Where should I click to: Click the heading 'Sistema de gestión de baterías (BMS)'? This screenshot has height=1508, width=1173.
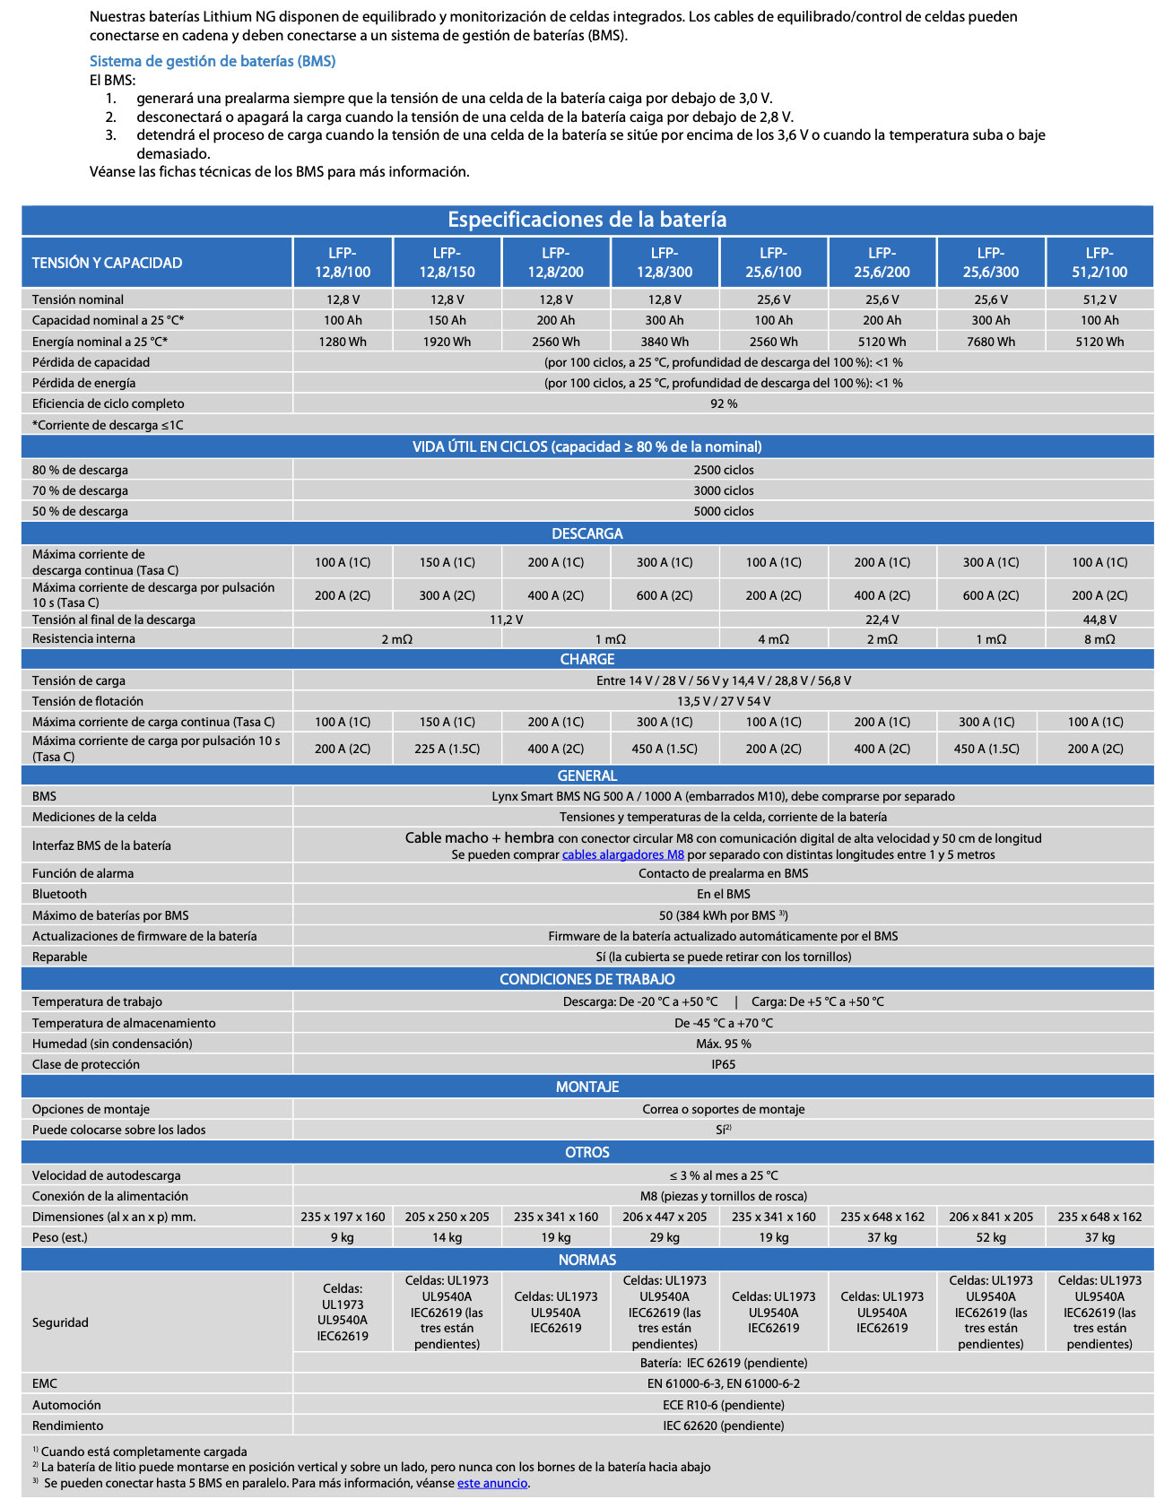click(x=213, y=61)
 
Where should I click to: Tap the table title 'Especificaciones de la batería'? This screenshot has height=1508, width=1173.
click(x=586, y=220)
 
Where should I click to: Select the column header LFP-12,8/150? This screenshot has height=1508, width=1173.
click(x=447, y=263)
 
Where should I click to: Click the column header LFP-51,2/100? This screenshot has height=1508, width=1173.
click(x=1099, y=263)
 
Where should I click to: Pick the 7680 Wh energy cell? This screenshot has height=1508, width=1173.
click(x=990, y=342)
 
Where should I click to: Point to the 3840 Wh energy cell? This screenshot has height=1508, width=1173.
click(x=665, y=342)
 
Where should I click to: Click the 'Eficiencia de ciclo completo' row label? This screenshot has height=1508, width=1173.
click(x=109, y=403)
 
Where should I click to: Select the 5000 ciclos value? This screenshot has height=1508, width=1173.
click(x=723, y=511)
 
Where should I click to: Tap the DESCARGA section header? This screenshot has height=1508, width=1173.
click(x=586, y=533)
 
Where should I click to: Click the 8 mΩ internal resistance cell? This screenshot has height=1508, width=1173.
click(x=1099, y=639)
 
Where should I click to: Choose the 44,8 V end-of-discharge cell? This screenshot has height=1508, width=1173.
click(x=1099, y=620)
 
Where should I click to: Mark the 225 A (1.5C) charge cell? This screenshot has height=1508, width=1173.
click(x=447, y=749)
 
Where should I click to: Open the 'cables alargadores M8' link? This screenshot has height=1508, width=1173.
click(x=622, y=854)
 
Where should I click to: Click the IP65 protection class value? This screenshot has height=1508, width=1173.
click(x=723, y=1064)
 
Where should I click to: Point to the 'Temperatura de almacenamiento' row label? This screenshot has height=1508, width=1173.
click(x=124, y=1023)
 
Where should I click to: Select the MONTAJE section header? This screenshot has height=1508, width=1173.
click(x=586, y=1087)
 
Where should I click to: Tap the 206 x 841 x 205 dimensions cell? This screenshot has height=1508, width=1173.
click(x=990, y=1217)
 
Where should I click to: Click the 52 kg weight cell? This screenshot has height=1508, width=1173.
click(x=990, y=1237)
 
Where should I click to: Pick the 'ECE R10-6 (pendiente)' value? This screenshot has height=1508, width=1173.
click(x=723, y=1405)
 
